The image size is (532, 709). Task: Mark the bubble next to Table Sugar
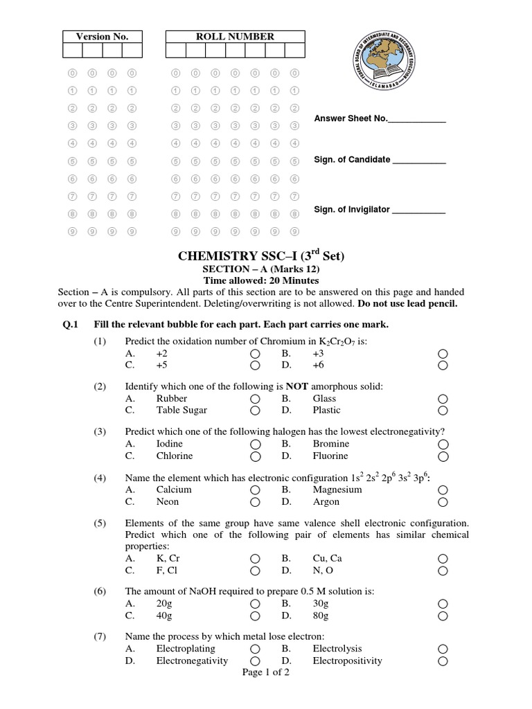tap(256, 411)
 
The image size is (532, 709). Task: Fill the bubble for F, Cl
tap(256, 571)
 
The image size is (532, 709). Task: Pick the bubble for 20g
tap(256, 604)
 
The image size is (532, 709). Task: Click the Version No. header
tap(102, 37)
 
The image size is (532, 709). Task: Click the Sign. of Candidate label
tap(352, 160)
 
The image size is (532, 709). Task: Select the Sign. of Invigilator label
tap(353, 210)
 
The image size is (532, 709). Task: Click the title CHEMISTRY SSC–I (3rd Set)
tap(261, 256)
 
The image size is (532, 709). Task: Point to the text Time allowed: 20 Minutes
tap(260, 280)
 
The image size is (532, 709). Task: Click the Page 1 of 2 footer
tap(266, 672)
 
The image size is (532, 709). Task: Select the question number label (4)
tap(101, 478)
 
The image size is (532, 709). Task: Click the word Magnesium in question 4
tap(337, 490)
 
